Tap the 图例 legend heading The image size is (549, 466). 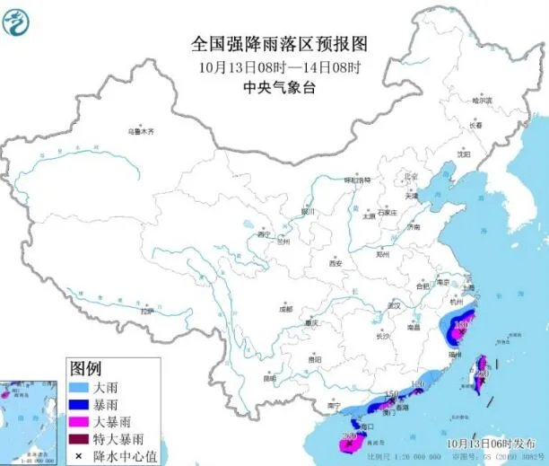pos(86,367)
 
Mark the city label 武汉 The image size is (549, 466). pos(392,306)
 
